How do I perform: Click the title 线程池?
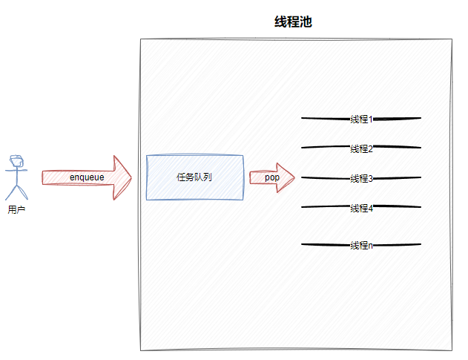pos(294,22)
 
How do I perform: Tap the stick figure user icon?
pos(16,178)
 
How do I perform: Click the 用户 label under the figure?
pos(16,210)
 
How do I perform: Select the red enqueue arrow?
pos(86,177)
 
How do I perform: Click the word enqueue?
pos(87,177)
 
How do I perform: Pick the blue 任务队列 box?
pos(194,177)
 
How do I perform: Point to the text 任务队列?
pos(194,177)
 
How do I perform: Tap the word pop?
pos(272,177)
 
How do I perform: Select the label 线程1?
pos(361,119)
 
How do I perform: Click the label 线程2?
pos(361,148)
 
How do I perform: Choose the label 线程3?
pos(361,178)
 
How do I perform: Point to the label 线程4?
pos(361,208)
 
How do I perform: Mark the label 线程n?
pos(361,245)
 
